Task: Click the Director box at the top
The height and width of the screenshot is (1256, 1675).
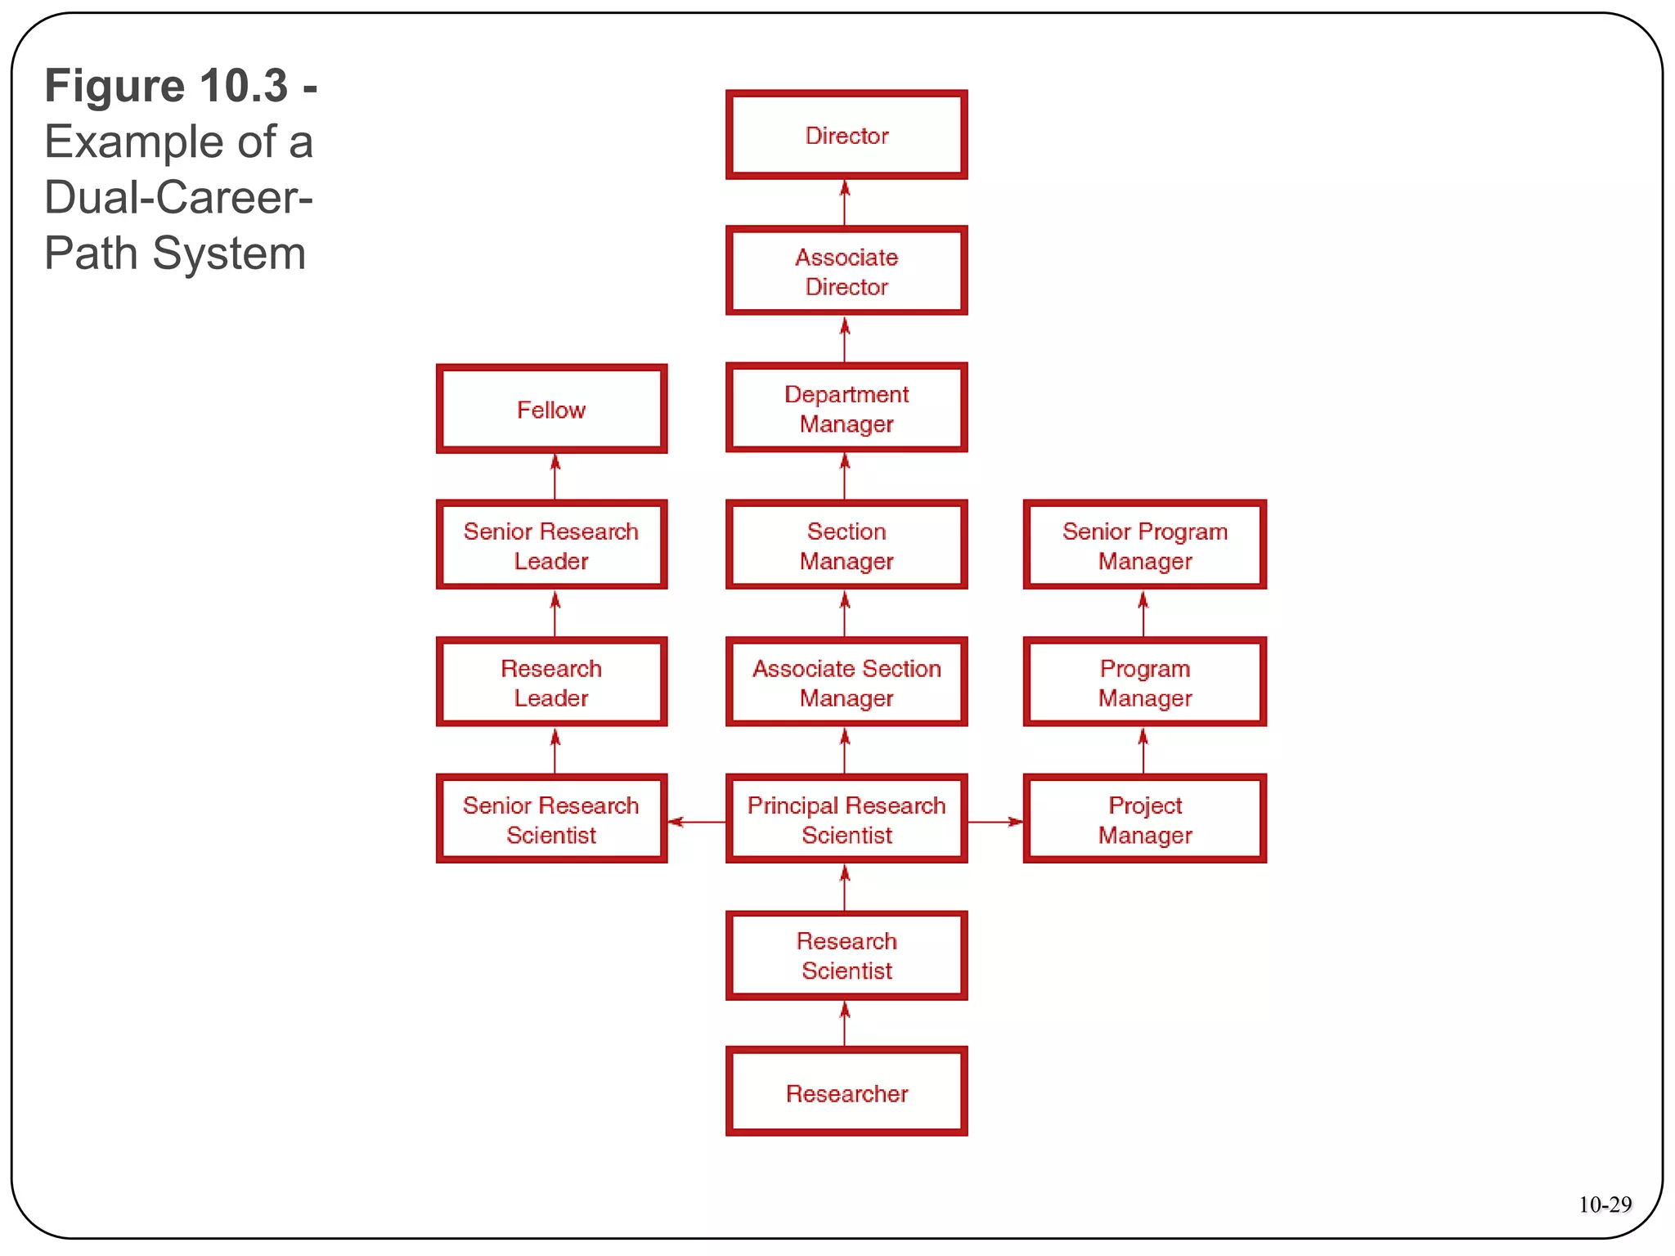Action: (846, 135)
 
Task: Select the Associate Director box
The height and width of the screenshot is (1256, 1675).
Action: (846, 271)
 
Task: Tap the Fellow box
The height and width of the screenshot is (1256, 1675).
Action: (551, 409)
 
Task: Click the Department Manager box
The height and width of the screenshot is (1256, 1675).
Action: (846, 409)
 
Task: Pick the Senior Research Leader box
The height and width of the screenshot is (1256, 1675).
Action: (551, 545)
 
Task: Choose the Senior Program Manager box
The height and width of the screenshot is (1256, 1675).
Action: (1144, 545)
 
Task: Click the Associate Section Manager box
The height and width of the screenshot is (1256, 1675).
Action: (846, 683)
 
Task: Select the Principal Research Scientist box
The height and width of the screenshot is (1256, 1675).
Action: (846, 819)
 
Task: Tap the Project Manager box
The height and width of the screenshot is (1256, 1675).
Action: (1144, 819)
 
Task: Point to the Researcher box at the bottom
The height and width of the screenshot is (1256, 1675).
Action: (846, 1092)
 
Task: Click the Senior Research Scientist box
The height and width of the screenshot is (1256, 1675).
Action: (551, 819)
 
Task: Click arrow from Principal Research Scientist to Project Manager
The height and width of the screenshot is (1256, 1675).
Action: (995, 821)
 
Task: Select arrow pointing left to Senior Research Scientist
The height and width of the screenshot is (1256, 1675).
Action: (696, 821)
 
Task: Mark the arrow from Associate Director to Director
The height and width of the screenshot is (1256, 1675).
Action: (845, 203)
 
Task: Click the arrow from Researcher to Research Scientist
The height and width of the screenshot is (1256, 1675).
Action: (845, 1024)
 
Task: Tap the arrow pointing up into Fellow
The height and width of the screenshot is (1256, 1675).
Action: (555, 477)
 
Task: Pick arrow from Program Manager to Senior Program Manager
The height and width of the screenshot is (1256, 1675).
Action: (1143, 614)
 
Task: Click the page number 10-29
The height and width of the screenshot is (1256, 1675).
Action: (1604, 1204)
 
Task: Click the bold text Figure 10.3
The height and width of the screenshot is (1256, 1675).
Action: (167, 86)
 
